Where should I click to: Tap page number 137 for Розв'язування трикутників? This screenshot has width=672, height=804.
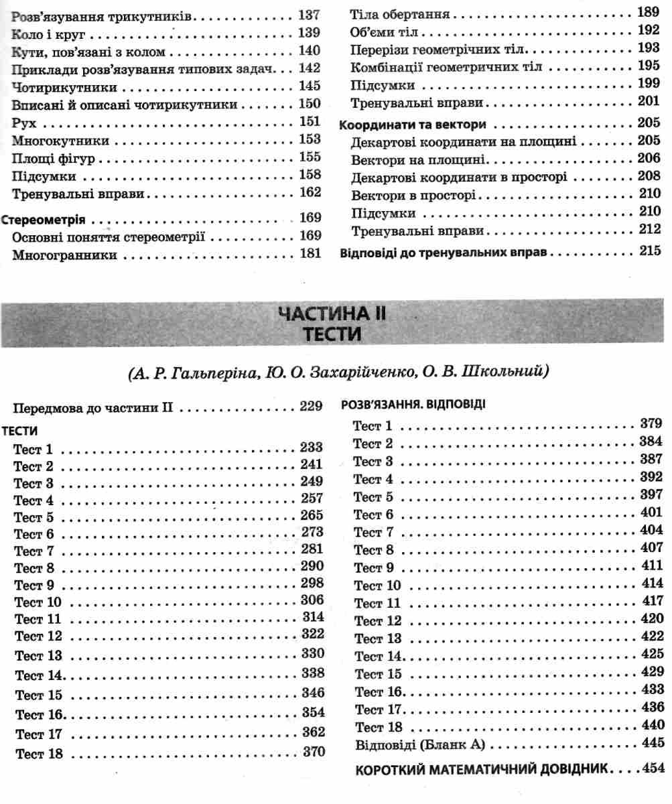coord(309,15)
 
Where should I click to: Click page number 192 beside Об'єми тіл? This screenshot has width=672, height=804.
coord(649,30)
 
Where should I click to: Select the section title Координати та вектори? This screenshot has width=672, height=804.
coord(412,125)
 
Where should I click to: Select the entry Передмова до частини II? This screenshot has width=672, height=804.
coord(94,407)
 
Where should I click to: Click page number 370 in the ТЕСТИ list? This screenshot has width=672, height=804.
coord(313,752)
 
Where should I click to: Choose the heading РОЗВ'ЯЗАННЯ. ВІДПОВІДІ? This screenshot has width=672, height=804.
coord(413,405)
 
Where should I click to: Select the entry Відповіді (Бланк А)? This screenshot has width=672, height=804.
coord(417,744)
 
